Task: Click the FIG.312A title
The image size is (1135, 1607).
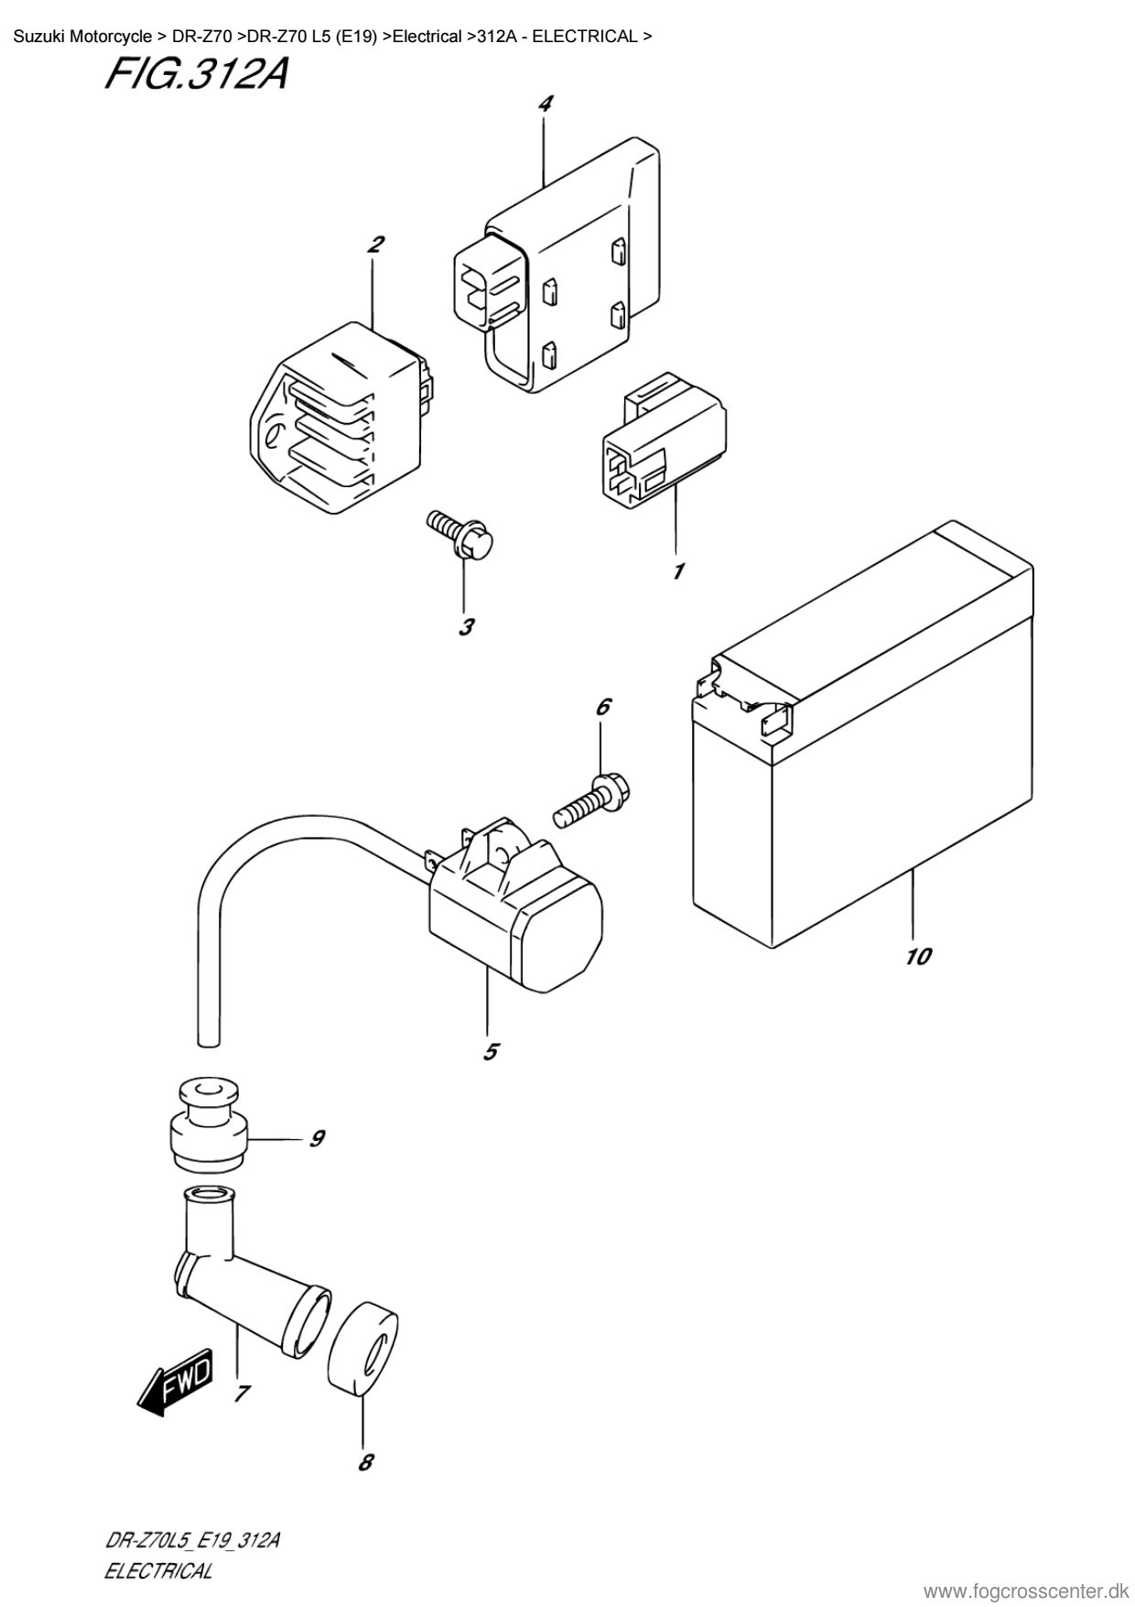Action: coord(197,75)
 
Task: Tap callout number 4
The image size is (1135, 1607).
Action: coord(545,103)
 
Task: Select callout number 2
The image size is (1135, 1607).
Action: coord(375,244)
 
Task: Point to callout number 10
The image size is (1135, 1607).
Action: coord(918,957)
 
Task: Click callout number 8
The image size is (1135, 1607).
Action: coord(366,1462)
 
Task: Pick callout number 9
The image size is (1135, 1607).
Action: coord(317,1138)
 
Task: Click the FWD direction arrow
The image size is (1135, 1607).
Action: coord(175,1382)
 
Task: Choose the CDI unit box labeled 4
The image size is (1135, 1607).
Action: coord(557,266)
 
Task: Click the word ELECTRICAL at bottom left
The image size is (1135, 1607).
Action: coord(158,1571)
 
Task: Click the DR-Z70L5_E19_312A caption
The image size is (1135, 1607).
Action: coord(191,1541)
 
